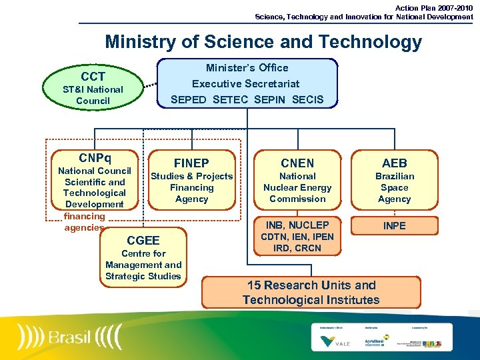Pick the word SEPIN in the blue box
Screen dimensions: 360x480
click(x=270, y=100)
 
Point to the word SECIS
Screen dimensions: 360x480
click(x=308, y=100)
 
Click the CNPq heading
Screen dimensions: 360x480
click(x=95, y=159)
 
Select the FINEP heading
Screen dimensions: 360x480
click(x=191, y=163)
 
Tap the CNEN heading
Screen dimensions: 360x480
click(x=297, y=163)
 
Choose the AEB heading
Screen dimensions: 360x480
click(x=395, y=163)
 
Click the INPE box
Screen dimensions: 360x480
click(x=394, y=225)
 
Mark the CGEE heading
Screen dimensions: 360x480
click(x=143, y=240)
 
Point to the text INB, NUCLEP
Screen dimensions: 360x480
click(x=297, y=225)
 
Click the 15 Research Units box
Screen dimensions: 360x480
click(x=311, y=292)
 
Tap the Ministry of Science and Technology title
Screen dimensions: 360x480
click(x=263, y=42)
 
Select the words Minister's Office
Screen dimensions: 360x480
click(x=247, y=68)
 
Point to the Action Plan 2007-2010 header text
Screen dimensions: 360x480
click(x=434, y=8)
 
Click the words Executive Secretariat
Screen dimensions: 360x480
click(x=246, y=84)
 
